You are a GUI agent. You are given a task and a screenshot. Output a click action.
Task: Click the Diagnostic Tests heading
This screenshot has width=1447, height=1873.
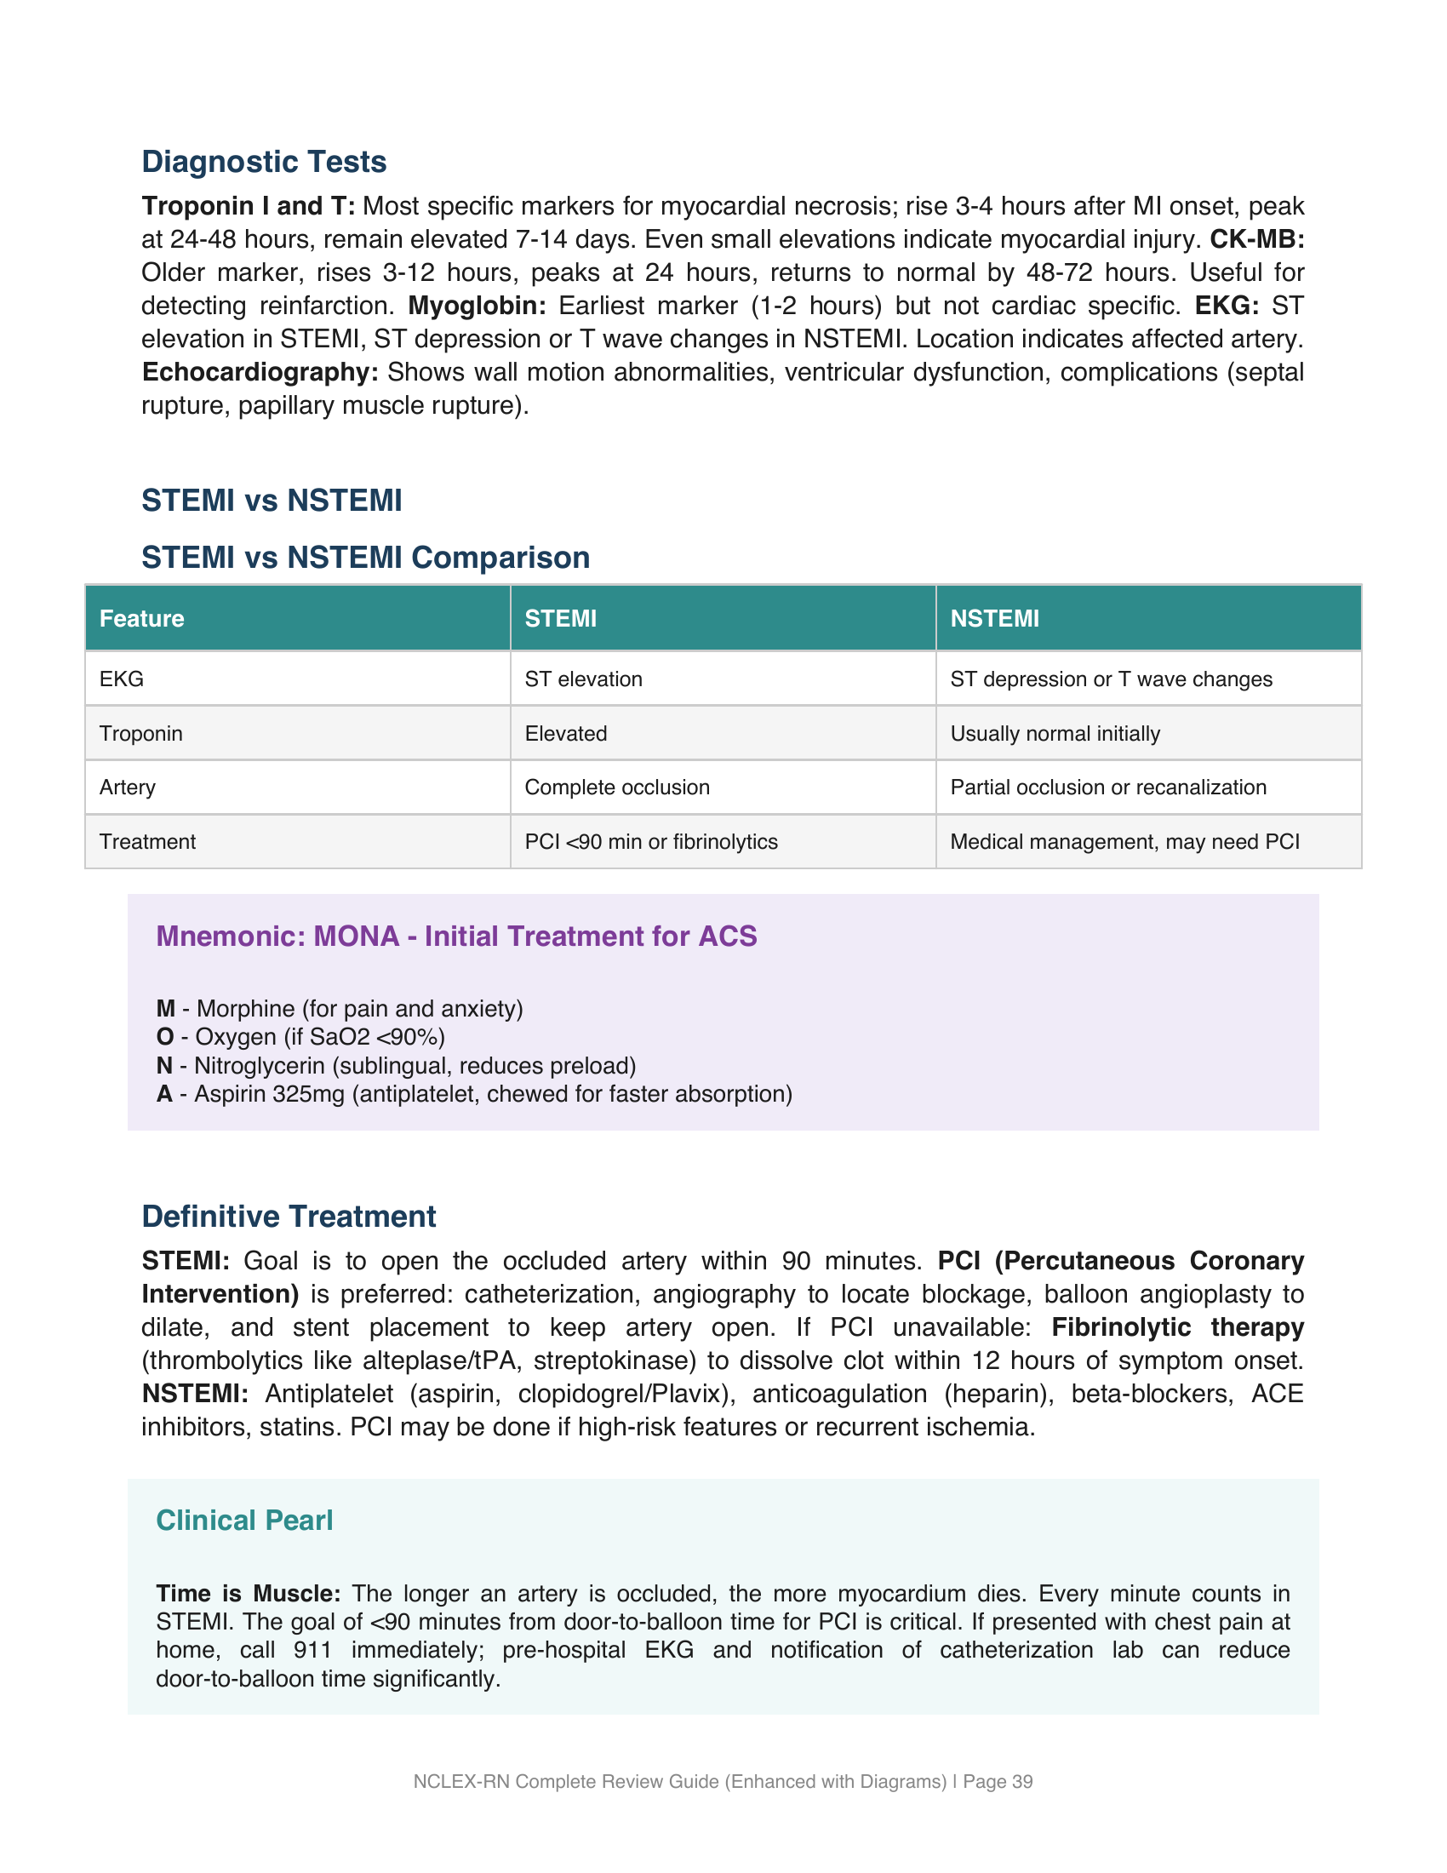point(264,162)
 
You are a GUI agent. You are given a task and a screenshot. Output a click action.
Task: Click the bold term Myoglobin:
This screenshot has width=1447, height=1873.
point(477,306)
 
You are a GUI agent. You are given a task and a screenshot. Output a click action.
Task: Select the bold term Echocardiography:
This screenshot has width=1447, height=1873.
point(260,372)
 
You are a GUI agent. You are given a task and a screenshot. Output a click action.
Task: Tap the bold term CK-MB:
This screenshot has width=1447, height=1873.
point(1255,239)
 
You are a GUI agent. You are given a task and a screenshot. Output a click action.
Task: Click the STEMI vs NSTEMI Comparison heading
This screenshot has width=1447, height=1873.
point(365,558)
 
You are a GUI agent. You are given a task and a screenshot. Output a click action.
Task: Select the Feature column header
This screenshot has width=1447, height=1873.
point(142,618)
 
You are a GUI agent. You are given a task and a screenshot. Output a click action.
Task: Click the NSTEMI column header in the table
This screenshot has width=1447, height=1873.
point(994,618)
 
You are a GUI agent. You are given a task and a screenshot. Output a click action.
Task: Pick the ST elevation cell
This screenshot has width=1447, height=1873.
point(583,679)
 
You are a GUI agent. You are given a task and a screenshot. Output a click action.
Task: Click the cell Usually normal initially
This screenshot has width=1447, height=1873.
point(1055,734)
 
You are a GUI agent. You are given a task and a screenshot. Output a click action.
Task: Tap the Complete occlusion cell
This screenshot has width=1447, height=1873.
point(616,788)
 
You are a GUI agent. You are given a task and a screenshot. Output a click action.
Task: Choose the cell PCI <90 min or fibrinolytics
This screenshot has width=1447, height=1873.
point(650,842)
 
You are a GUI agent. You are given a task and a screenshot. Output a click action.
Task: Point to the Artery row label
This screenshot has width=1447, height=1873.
point(128,788)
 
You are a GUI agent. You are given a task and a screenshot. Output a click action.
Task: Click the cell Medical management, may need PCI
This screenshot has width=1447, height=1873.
point(1124,842)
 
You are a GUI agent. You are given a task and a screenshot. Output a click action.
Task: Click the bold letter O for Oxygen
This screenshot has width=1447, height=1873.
point(164,1038)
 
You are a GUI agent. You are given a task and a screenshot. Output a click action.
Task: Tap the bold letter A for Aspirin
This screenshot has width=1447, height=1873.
point(163,1094)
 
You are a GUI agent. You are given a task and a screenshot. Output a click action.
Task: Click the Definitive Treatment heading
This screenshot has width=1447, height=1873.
point(289,1217)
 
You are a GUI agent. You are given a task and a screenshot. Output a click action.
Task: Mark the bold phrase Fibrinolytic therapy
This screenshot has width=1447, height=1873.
point(1177,1327)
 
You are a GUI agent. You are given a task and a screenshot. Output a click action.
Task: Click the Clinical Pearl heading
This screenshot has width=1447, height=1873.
point(244,1521)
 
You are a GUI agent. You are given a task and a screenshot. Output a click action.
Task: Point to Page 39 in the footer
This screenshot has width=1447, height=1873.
point(998,1782)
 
